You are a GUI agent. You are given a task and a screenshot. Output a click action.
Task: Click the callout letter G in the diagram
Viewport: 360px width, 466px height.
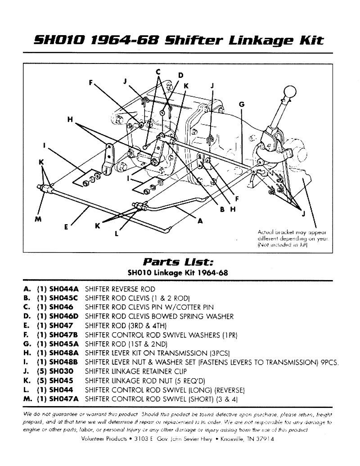(242, 104)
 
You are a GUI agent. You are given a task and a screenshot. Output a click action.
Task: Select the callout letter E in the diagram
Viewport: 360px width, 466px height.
(66, 227)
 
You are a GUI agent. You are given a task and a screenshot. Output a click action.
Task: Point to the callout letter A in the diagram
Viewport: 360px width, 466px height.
(200, 221)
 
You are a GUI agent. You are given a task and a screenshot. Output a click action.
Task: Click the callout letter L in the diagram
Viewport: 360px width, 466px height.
(117, 234)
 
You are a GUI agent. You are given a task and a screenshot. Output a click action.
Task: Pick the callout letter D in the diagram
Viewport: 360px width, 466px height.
(181, 75)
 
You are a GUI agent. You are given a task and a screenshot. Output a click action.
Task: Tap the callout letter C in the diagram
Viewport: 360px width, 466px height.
(158, 72)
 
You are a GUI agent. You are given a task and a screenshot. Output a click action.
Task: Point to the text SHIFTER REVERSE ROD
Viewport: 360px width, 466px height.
(120, 289)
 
